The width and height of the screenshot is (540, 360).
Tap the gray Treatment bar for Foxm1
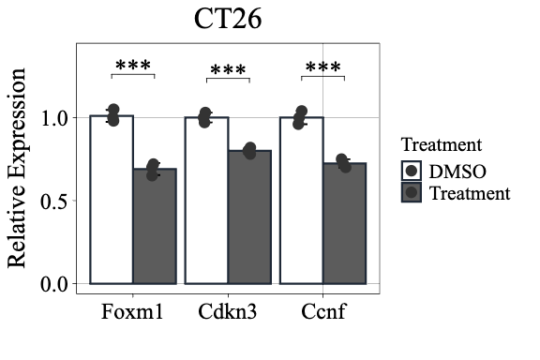pos(155,225)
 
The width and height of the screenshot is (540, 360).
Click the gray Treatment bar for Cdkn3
pos(249,216)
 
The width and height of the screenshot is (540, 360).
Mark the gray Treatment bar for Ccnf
pos(344,222)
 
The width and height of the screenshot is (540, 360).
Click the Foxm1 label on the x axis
pos(133,311)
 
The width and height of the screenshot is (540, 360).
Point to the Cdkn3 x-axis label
pos(228,311)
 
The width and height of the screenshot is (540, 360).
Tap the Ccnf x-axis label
pos(322,311)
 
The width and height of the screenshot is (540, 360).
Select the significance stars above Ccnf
pos(322,68)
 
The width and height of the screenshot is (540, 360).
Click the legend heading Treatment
pos(441,145)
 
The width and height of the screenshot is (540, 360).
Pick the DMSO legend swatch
pos(412,172)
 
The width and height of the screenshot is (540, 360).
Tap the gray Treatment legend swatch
pos(412,193)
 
